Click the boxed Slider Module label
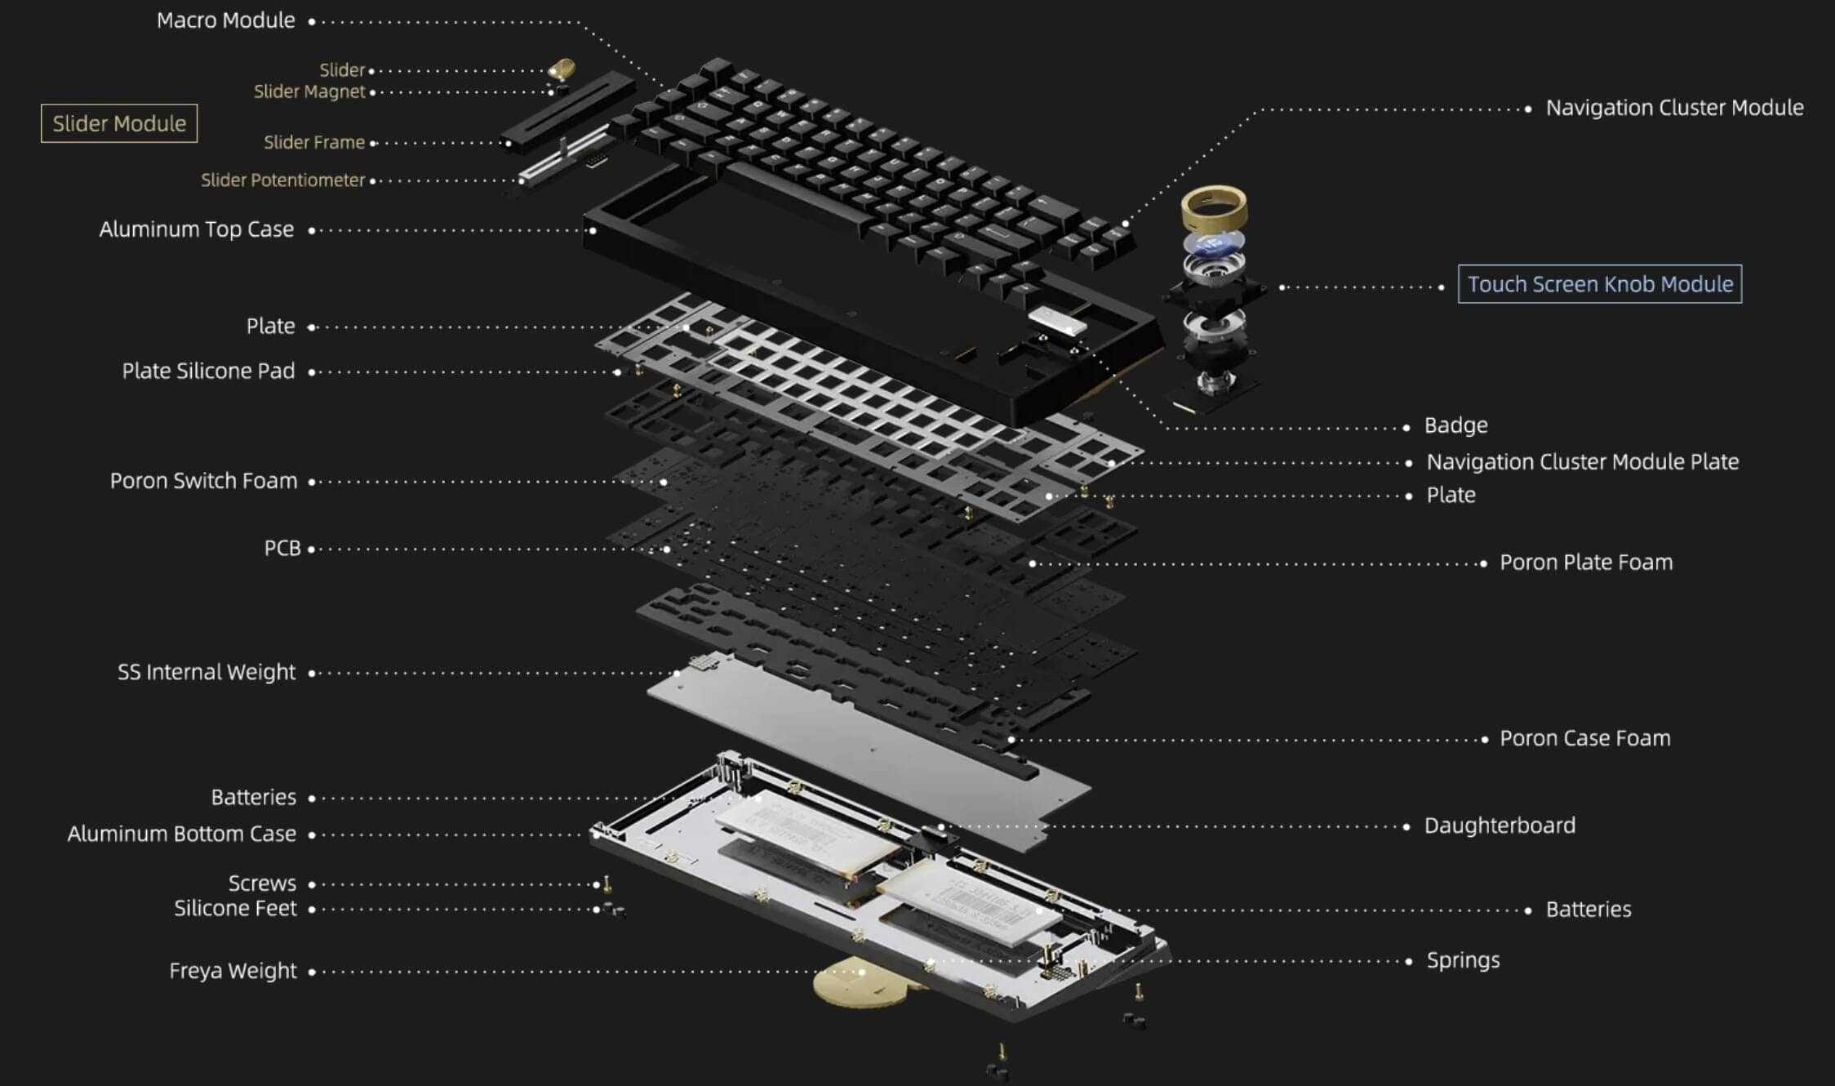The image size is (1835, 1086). pyautogui.click(x=119, y=123)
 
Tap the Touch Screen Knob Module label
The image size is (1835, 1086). pyautogui.click(x=1599, y=284)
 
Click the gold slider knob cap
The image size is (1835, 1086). pyautogui.click(x=562, y=69)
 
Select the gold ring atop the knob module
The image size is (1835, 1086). pyautogui.click(x=1214, y=208)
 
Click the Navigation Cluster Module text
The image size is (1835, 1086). pyautogui.click(x=1673, y=108)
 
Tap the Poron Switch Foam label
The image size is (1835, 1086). pyautogui.click(x=203, y=481)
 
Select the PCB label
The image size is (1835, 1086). pyautogui.click(x=282, y=548)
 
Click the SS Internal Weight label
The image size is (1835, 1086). pyautogui.click(x=207, y=672)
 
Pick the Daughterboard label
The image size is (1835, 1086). pyautogui.click(x=1500, y=826)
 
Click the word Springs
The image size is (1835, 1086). pyautogui.click(x=1463, y=960)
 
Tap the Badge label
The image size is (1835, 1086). pyautogui.click(x=1455, y=425)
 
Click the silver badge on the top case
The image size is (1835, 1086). pyautogui.click(x=1058, y=320)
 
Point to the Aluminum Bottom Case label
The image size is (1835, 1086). pyautogui.click(x=181, y=834)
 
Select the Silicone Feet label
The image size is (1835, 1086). pyautogui.click(x=235, y=908)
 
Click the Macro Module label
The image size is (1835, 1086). pyautogui.click(x=225, y=20)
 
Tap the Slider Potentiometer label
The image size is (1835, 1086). pyautogui.click(x=282, y=180)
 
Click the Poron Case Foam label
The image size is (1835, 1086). pyautogui.click(x=1584, y=738)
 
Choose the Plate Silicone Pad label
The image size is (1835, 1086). pyautogui.click(x=208, y=371)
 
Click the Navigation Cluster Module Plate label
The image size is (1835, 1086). pyautogui.click(x=1582, y=462)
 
